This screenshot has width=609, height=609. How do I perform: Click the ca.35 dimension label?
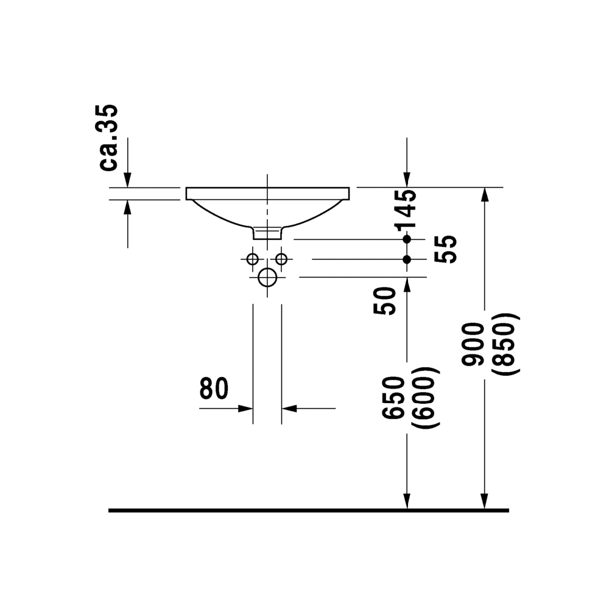coord(109,138)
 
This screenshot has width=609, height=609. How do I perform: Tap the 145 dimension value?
coord(405,210)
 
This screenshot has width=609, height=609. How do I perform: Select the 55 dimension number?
coord(445,249)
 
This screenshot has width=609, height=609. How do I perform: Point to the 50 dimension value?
coord(384,301)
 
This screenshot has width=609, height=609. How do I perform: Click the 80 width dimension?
coord(214,389)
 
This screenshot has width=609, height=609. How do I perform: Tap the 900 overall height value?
coord(473,344)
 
